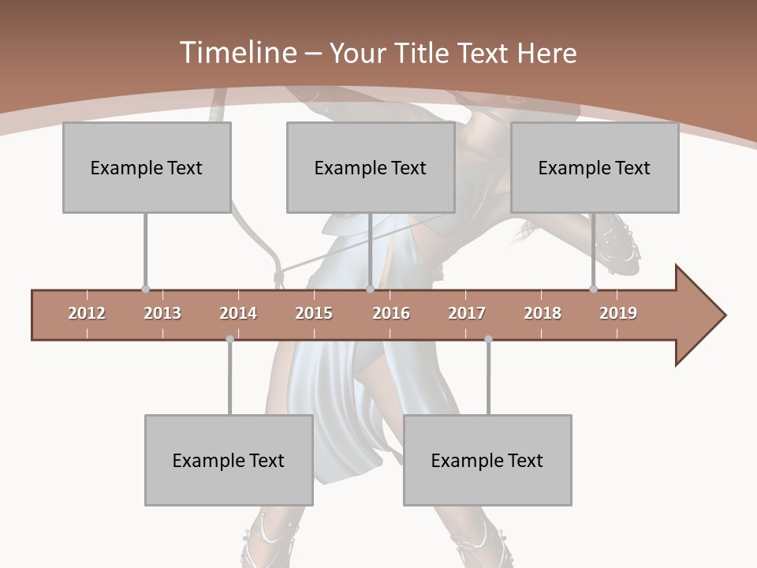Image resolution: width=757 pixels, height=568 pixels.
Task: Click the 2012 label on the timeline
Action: (x=87, y=313)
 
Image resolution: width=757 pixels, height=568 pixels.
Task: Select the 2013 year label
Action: (x=162, y=313)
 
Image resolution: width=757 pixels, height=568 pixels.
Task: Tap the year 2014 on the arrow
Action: (x=238, y=313)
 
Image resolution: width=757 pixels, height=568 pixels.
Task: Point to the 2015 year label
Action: (x=314, y=313)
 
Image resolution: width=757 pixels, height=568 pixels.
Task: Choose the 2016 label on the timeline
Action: (x=391, y=313)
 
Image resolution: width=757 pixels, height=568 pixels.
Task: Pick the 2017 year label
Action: (x=467, y=313)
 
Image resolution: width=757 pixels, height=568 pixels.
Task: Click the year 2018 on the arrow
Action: (x=543, y=313)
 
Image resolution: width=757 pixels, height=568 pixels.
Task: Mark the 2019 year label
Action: (x=618, y=313)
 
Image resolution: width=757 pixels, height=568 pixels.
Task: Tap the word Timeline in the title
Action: (x=237, y=53)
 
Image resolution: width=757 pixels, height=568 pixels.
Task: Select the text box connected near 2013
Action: (x=147, y=167)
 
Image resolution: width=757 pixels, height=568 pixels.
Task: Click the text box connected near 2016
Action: (x=371, y=167)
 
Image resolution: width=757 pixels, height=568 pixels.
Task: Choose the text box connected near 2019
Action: (x=595, y=167)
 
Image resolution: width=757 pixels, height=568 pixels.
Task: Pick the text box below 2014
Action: (x=229, y=460)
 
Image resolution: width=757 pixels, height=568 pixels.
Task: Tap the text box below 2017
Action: (x=487, y=460)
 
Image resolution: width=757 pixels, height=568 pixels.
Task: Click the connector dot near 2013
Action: (x=145, y=289)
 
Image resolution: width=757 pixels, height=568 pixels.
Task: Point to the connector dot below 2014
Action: (x=229, y=339)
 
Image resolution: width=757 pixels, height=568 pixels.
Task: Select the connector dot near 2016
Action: (x=370, y=289)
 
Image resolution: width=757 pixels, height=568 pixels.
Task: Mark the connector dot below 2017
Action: (x=488, y=339)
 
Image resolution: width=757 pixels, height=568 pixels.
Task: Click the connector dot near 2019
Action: (x=593, y=289)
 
